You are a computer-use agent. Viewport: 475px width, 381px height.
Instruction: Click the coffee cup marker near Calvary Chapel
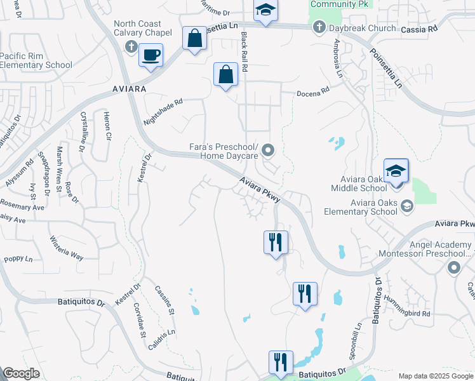coord(151,55)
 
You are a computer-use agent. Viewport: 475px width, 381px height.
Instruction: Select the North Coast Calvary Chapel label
coord(143,28)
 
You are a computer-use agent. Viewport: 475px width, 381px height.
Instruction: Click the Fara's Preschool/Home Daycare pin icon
coord(268,150)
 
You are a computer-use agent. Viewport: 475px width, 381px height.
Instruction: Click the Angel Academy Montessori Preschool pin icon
coord(453,268)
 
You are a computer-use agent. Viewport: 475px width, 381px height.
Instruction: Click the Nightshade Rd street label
coord(163,110)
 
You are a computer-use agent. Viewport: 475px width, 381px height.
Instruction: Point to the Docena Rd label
coord(314,91)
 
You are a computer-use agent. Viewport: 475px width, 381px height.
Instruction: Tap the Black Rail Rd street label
coord(244,51)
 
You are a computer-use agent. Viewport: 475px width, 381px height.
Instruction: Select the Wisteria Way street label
coord(67,248)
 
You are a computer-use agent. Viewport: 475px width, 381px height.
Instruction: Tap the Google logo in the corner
coord(22,373)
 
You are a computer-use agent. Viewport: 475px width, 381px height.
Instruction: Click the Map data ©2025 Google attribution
coord(436,376)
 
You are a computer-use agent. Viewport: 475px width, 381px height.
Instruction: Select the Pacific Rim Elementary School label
coord(36,60)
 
